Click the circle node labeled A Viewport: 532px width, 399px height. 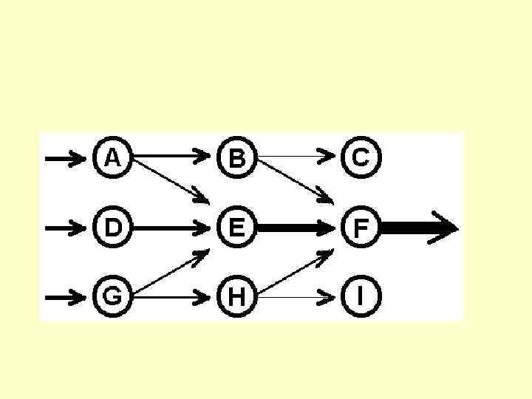112,157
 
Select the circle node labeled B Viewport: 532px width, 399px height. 236,157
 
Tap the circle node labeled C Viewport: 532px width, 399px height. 361,157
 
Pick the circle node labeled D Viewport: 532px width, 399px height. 112,228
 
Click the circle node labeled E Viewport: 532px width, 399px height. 236,228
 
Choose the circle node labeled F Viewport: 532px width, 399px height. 361,228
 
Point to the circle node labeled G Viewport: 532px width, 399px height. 112,297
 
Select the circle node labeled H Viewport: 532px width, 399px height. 236,297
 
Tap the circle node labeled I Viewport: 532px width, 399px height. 361,297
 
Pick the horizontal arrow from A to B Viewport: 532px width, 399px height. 174,157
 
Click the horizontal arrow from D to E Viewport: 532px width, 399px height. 174,228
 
